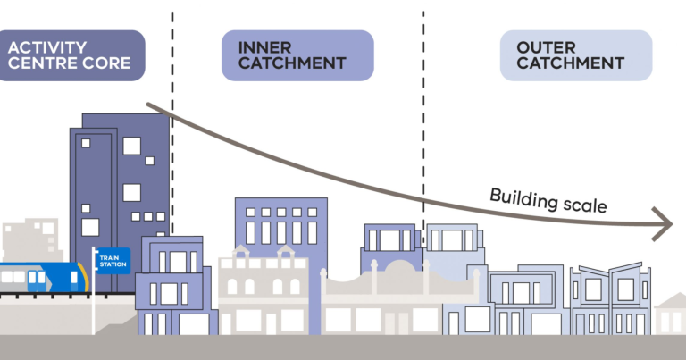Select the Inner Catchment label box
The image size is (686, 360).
click(x=297, y=55)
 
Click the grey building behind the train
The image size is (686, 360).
click(x=31, y=237)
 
